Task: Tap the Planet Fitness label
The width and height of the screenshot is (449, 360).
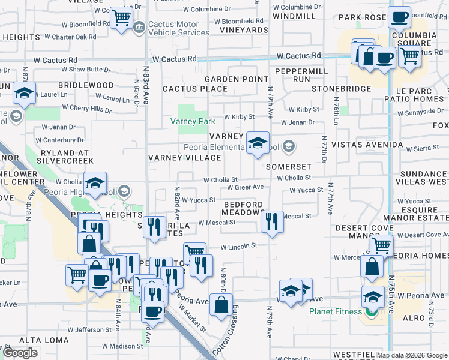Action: (336, 311)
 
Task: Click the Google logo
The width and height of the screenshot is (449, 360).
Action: (20, 353)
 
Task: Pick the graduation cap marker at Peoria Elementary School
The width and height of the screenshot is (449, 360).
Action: (258, 143)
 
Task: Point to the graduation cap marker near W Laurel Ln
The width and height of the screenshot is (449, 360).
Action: (24, 93)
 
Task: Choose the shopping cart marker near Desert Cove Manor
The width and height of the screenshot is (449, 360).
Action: (381, 245)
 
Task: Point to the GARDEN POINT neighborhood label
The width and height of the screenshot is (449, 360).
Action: (237, 79)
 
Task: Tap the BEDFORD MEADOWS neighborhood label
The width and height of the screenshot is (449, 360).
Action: (243, 209)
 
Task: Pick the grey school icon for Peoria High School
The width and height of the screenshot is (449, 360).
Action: (124, 191)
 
